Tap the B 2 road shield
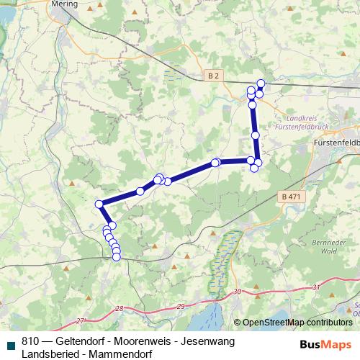tap(212, 74)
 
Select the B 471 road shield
tap(289, 197)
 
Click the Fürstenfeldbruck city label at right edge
tap(337, 143)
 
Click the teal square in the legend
tap(11, 344)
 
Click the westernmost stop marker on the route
tap(99, 204)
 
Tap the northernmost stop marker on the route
tap(261, 84)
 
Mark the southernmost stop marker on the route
tap(117, 256)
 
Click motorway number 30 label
tap(237, 291)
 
